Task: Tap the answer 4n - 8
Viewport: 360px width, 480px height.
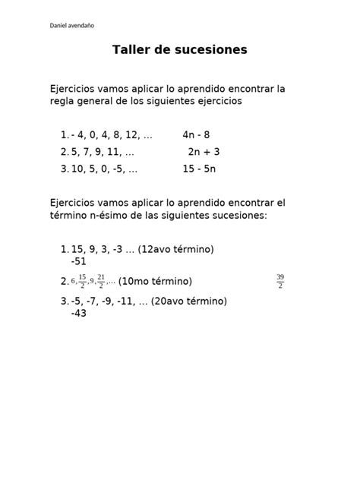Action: (x=196, y=135)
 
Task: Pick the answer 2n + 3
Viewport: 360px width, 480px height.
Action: (x=204, y=152)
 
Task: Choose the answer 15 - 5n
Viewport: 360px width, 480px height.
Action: (x=199, y=169)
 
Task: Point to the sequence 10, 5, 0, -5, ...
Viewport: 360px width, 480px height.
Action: (x=104, y=169)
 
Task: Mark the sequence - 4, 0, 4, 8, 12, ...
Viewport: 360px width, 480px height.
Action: (x=112, y=135)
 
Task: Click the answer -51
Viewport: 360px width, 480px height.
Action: (x=78, y=261)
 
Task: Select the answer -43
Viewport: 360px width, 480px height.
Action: (x=78, y=312)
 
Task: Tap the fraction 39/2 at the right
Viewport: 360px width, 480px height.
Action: (x=280, y=281)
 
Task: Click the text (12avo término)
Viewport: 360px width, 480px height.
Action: (x=176, y=249)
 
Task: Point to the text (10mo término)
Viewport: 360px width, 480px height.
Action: (x=155, y=282)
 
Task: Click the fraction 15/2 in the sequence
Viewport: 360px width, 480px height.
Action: (x=82, y=281)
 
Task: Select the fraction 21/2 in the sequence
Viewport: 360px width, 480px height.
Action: (x=101, y=281)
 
